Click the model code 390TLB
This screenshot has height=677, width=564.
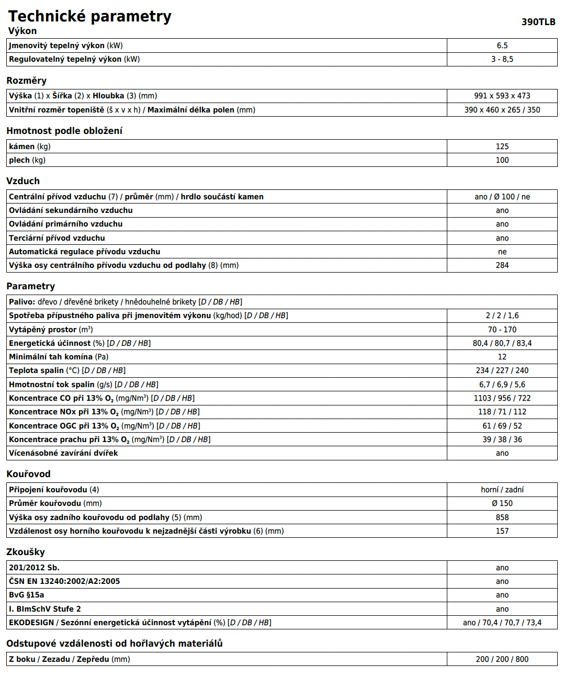[538, 22]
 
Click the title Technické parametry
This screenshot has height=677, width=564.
[89, 16]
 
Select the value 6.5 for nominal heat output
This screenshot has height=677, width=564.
[502, 46]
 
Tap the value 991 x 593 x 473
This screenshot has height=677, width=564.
[502, 96]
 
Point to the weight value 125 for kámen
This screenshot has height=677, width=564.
[502, 146]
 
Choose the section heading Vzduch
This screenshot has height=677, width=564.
[23, 181]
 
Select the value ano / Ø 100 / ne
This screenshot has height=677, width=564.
[502, 197]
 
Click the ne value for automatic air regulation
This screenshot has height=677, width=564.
[502, 252]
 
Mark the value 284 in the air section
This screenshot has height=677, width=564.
[502, 265]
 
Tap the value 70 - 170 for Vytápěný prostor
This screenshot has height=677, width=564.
[502, 330]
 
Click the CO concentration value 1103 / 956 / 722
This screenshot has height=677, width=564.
[502, 398]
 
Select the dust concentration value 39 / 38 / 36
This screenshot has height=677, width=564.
[502, 439]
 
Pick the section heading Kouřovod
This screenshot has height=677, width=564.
[28, 474]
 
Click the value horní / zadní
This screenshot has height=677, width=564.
[502, 490]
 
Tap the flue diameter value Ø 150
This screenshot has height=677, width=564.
[502, 503]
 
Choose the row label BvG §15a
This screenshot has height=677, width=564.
[27, 595]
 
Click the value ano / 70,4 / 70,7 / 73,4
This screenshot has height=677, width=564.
[502, 623]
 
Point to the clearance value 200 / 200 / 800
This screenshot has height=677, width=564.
[502, 659]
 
